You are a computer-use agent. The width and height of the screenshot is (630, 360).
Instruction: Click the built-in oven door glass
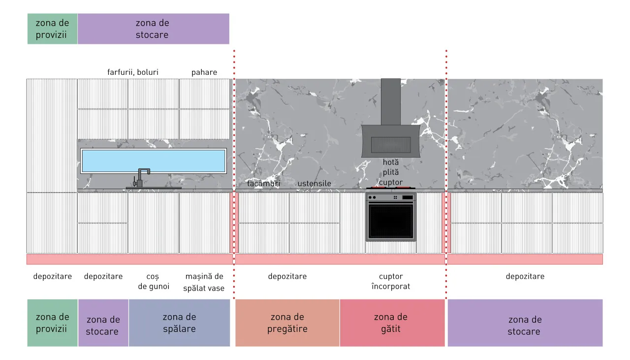point(391,221)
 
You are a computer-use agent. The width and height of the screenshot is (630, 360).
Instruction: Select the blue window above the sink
point(154,161)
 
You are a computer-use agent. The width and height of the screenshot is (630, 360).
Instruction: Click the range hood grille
point(391,145)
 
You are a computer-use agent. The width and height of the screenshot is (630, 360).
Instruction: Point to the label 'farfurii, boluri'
point(133,72)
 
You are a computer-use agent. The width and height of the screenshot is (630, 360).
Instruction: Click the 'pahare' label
point(204,72)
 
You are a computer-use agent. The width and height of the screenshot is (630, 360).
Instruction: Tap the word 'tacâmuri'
point(263,184)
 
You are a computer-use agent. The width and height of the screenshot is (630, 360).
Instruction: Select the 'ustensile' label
point(314,184)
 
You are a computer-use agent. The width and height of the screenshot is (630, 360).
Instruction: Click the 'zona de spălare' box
point(179,323)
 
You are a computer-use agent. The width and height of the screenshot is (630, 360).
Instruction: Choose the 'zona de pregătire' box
point(287,323)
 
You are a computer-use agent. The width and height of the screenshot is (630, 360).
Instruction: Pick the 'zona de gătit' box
point(392,323)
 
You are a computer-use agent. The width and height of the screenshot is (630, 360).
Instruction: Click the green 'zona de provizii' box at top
point(52,29)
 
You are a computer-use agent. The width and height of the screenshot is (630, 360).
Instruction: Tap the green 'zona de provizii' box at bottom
point(52,323)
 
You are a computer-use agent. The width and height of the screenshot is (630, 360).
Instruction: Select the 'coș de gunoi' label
point(154,282)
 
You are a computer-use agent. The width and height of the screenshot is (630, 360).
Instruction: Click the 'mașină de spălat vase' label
point(204,282)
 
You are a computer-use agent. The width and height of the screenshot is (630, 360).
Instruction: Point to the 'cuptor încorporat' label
point(391,282)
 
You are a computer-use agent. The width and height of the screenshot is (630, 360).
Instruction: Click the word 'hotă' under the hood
point(391,162)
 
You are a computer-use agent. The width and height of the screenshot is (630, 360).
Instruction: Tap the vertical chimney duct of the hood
point(391,102)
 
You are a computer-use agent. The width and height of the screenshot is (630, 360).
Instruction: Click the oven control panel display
point(408,197)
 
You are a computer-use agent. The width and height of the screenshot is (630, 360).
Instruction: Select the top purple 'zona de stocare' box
point(154,29)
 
